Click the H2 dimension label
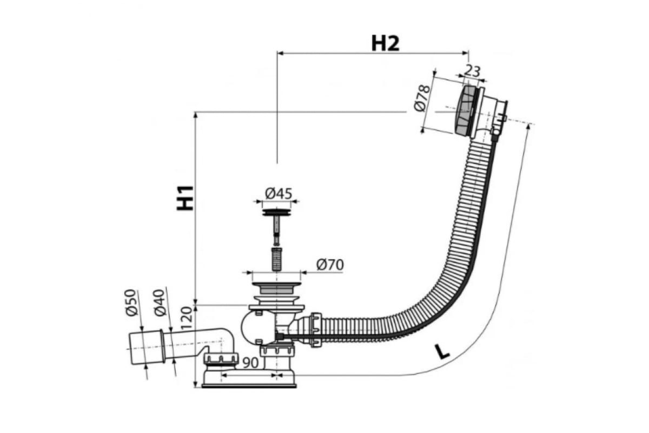[x=385, y=44]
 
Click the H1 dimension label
[x=185, y=198]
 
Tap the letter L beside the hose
[x=442, y=351]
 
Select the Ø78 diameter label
[x=422, y=99]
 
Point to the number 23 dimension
[x=473, y=71]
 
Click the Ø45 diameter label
[x=279, y=193]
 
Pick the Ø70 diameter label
[x=330, y=265]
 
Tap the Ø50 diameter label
[x=131, y=303]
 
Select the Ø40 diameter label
[x=160, y=303]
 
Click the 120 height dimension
[x=187, y=318]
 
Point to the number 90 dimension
[x=250, y=363]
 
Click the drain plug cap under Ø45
[x=276, y=212]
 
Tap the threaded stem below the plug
[x=277, y=259]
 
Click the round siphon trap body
[x=258, y=327]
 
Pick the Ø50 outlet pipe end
[x=147, y=347]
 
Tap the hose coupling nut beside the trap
[x=316, y=330]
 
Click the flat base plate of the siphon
[x=249, y=386]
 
